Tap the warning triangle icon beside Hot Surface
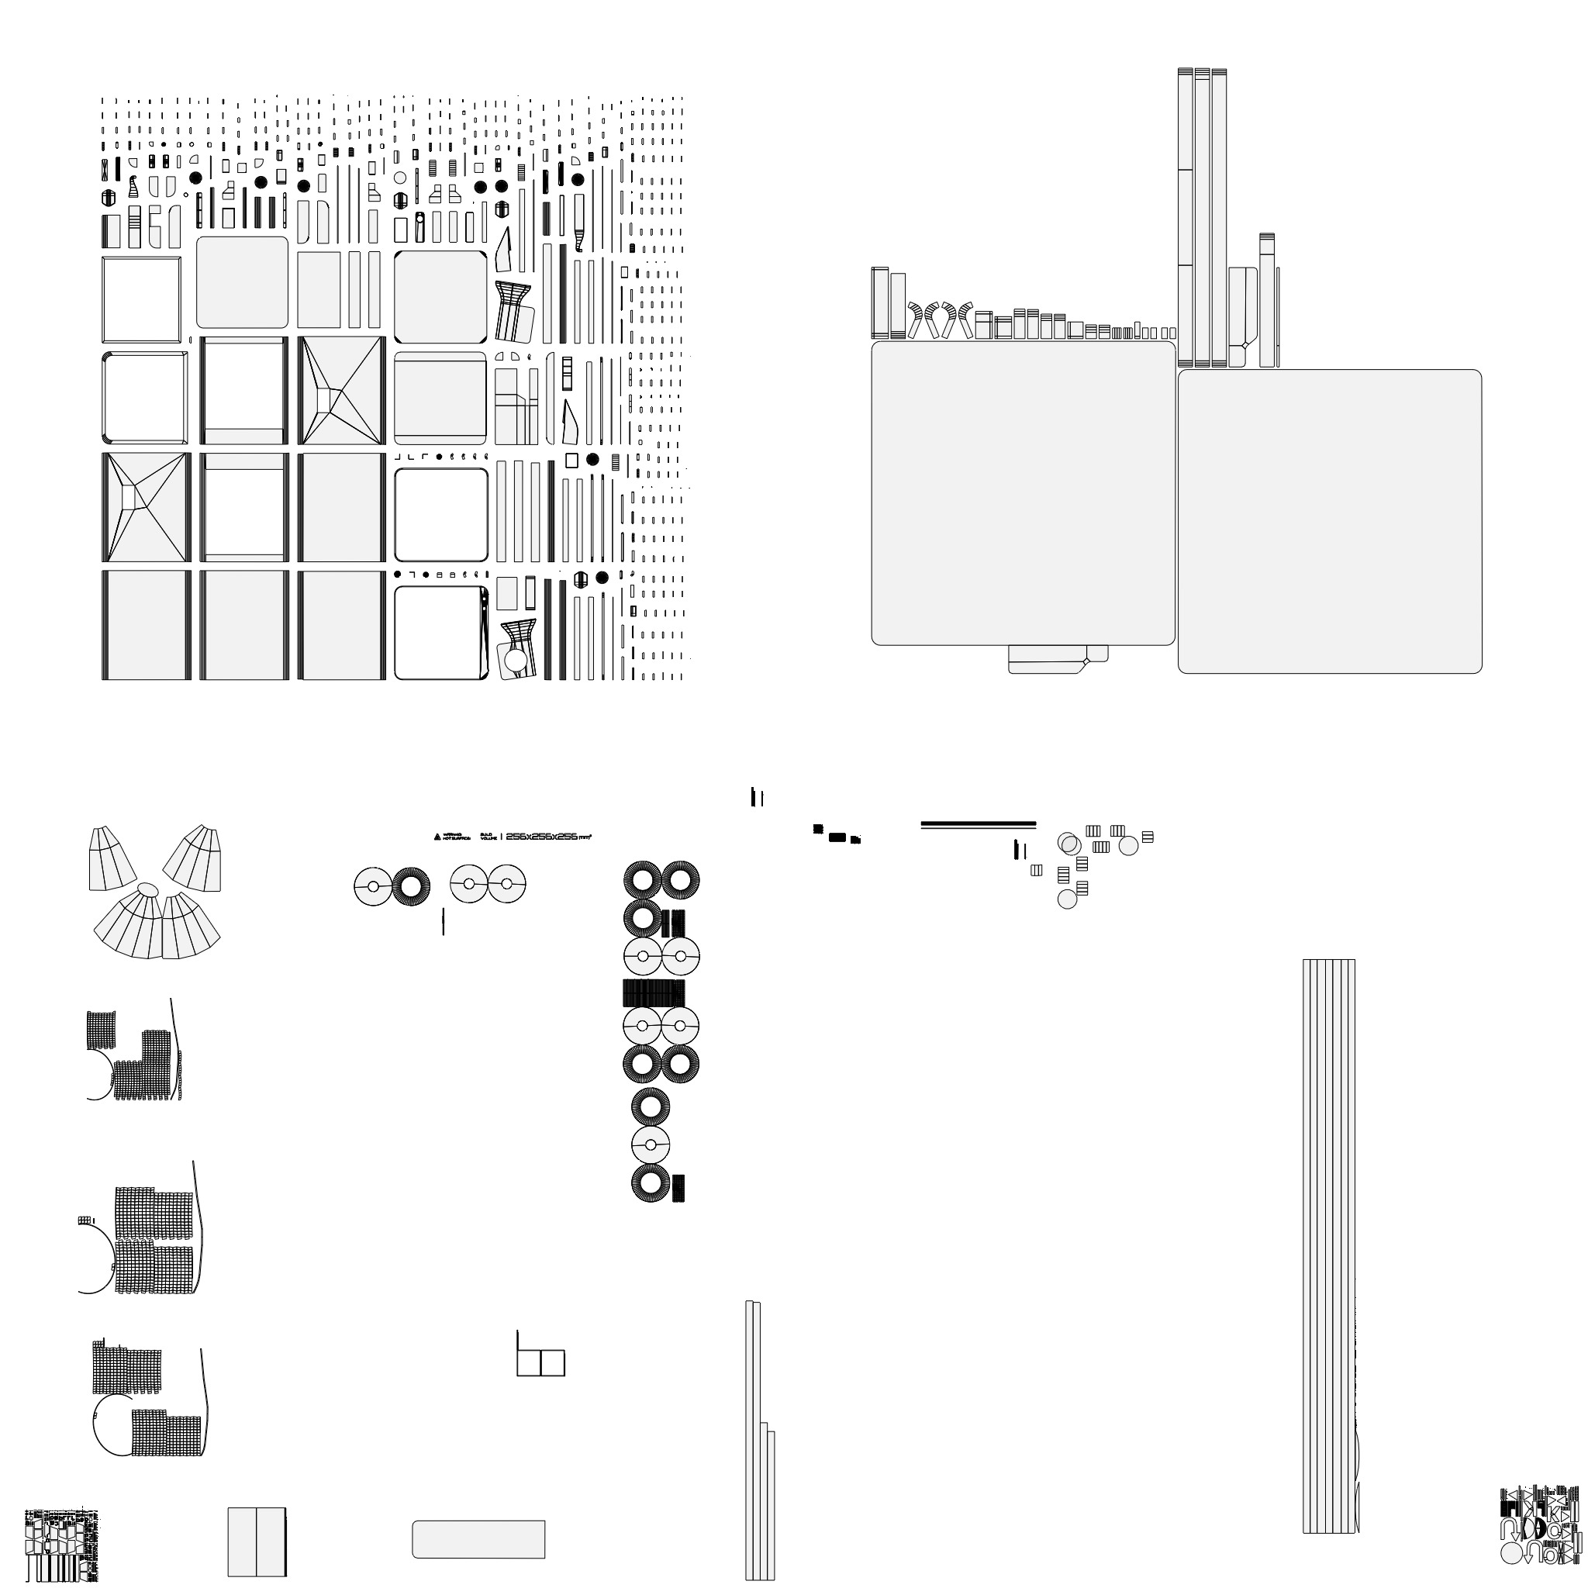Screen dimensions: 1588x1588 [x=437, y=837]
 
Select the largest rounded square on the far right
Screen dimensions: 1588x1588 [x=1329, y=521]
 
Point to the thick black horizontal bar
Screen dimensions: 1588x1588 [x=978, y=823]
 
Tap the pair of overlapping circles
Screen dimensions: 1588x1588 [x=1069, y=844]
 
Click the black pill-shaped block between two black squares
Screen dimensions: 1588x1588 [x=837, y=837]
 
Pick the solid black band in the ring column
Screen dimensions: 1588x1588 [x=654, y=993]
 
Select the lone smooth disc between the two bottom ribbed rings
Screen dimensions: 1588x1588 [x=650, y=1145]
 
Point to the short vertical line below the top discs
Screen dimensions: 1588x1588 [x=444, y=921]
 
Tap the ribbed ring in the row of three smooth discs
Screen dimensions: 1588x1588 [x=410, y=887]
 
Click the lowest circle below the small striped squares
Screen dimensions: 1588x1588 [x=1067, y=899]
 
